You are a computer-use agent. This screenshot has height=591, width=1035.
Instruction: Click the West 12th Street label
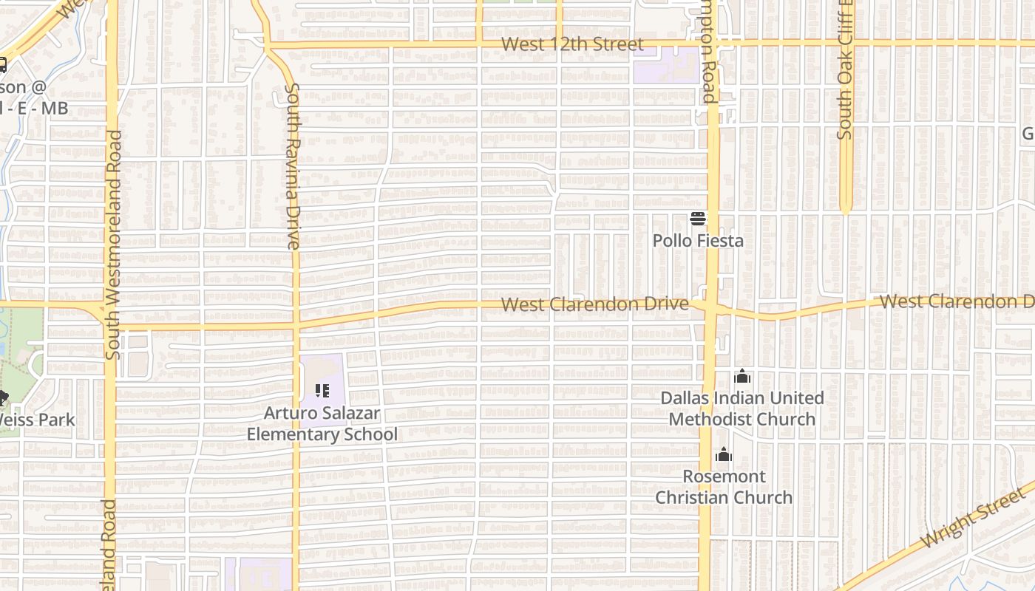click(x=572, y=44)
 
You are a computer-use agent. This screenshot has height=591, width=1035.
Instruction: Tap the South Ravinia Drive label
click(x=292, y=166)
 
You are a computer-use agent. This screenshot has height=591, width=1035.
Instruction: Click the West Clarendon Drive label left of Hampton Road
click(x=594, y=304)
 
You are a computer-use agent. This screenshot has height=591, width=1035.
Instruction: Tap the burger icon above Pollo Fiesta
click(x=698, y=219)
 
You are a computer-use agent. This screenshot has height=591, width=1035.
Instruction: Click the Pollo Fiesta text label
click(x=698, y=241)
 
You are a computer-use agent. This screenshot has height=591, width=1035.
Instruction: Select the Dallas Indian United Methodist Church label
click(x=742, y=409)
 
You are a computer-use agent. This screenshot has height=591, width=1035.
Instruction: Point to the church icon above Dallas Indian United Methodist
click(x=742, y=377)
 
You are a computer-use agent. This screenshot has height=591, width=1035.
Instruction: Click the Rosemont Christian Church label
click(x=724, y=487)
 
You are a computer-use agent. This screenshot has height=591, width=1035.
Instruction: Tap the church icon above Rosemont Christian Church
click(x=724, y=454)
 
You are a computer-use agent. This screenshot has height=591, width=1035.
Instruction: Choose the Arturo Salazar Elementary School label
click(x=322, y=423)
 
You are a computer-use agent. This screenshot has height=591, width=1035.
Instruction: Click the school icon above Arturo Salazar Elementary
click(x=322, y=390)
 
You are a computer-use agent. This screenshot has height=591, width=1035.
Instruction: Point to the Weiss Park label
click(x=37, y=420)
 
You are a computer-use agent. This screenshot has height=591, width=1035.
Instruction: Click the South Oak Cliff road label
click(x=845, y=70)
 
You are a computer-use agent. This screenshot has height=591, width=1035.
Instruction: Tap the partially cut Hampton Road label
click(x=710, y=52)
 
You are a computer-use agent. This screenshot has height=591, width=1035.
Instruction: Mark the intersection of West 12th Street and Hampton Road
click(x=711, y=44)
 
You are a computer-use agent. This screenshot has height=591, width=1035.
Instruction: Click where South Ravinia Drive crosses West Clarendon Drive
click(x=296, y=325)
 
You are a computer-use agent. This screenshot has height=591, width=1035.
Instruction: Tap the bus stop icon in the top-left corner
click(x=2, y=65)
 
